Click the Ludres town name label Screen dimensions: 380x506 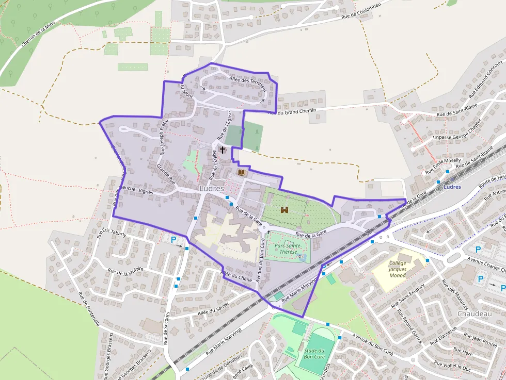(x=212, y=189)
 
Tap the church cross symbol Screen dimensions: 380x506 (x=223, y=150)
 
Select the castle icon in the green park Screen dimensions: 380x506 (x=284, y=210)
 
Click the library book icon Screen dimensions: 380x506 (x=241, y=172)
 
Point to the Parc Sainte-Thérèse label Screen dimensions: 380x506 (x=288, y=249)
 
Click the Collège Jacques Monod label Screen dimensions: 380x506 (x=398, y=269)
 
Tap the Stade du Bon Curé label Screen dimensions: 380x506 (x=314, y=354)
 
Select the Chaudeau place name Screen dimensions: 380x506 (x=474, y=313)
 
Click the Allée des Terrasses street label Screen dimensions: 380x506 (x=247, y=82)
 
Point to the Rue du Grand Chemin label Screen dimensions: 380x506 (x=292, y=111)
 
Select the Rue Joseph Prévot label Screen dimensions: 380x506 (x=165, y=138)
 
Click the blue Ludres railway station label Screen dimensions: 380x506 (x=452, y=187)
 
